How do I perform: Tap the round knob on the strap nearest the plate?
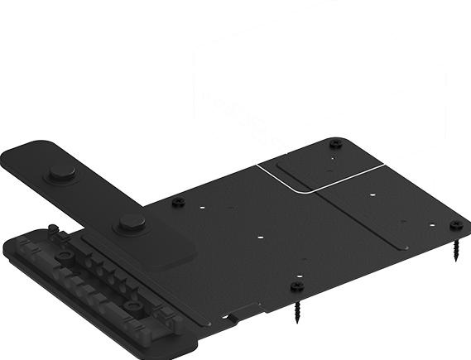point(130,222)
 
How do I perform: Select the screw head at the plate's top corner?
point(334,143)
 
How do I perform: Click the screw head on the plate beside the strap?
point(177,200)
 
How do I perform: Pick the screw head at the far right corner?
point(455,225)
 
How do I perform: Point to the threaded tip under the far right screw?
point(455,250)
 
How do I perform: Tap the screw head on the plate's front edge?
point(297,287)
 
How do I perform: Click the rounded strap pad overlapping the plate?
point(166,248)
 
